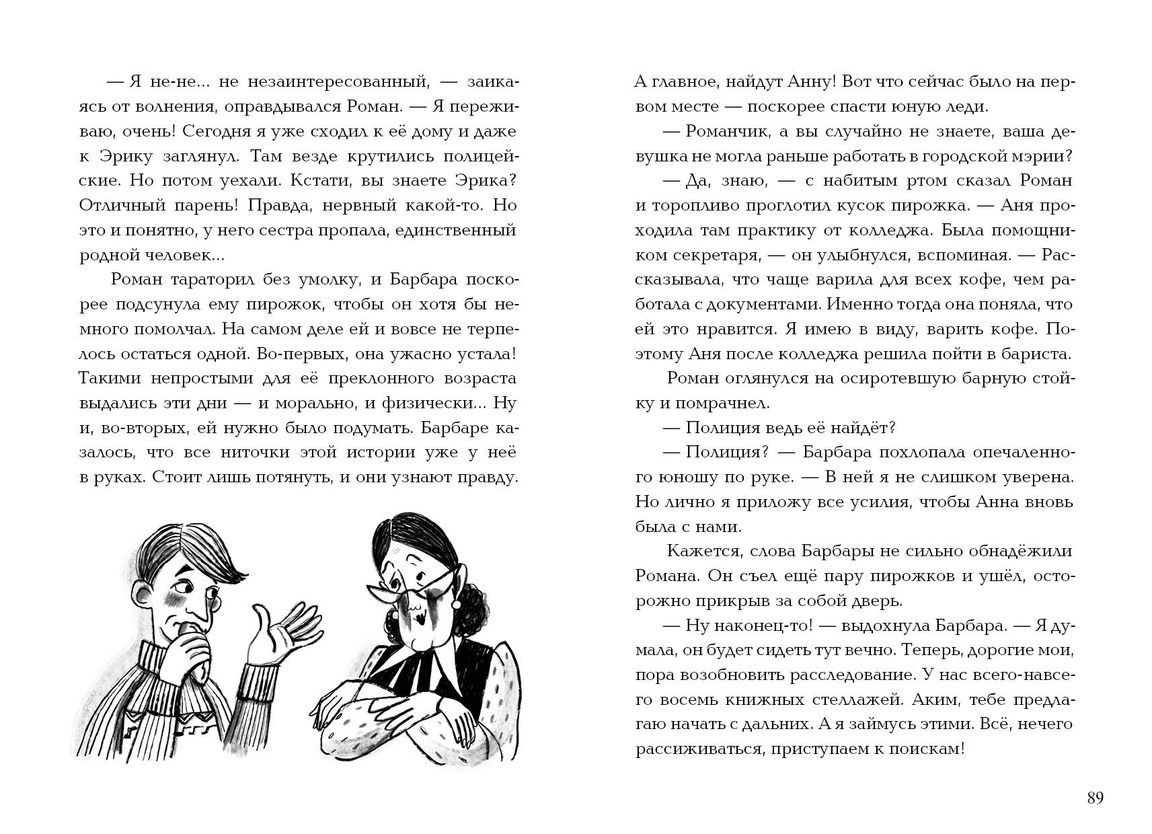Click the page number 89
[x=1095, y=798]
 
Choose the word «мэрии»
[x=1040, y=156]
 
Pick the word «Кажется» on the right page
[x=699, y=551]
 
